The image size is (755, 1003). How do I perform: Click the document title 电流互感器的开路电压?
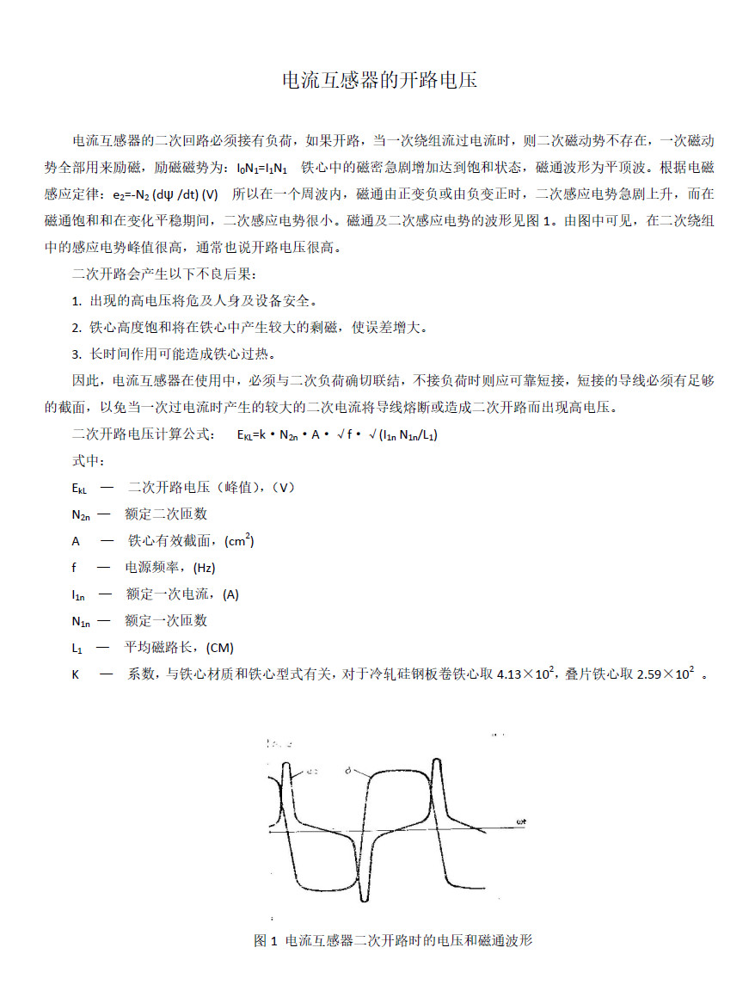click(379, 82)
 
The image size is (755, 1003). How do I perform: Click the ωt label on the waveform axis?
click(522, 821)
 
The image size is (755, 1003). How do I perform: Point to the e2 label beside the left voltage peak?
click(311, 772)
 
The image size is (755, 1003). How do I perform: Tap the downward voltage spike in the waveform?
click(365, 886)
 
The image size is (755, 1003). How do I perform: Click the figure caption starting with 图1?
click(393, 940)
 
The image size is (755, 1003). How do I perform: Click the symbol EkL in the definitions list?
click(79, 488)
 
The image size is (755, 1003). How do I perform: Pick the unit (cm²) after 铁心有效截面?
click(238, 541)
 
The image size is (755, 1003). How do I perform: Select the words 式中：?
click(88, 461)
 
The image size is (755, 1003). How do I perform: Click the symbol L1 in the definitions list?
click(77, 648)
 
